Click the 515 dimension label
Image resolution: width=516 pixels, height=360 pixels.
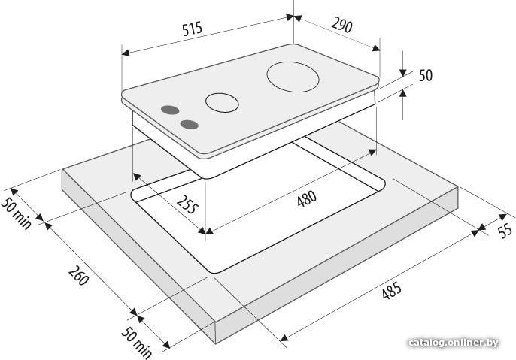click(193, 29)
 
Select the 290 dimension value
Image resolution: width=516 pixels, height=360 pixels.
click(341, 26)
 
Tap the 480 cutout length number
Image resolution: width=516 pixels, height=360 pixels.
click(307, 198)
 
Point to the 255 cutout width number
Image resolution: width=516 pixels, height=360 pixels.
click(187, 204)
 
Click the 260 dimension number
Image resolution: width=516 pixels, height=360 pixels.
click(78, 275)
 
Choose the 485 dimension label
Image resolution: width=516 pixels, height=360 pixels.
click(392, 290)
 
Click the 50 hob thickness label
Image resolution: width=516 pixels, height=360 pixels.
click(426, 75)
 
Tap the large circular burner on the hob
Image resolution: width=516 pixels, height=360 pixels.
click(293, 77)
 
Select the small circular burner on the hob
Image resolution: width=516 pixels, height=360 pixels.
click(222, 102)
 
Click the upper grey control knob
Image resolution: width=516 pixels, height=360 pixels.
click(170, 110)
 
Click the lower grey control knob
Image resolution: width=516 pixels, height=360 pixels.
click(190, 125)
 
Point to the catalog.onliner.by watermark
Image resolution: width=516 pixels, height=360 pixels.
click(453, 343)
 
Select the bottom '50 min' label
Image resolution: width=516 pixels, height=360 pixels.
click(136, 343)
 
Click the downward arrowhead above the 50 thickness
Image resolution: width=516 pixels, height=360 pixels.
click(403, 73)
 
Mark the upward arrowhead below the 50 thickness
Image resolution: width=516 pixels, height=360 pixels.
click(403, 94)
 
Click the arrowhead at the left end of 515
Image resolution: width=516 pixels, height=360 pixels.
click(126, 53)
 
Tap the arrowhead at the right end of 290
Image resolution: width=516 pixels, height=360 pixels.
click(376, 49)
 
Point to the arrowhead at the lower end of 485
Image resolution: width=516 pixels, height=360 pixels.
click(284, 337)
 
